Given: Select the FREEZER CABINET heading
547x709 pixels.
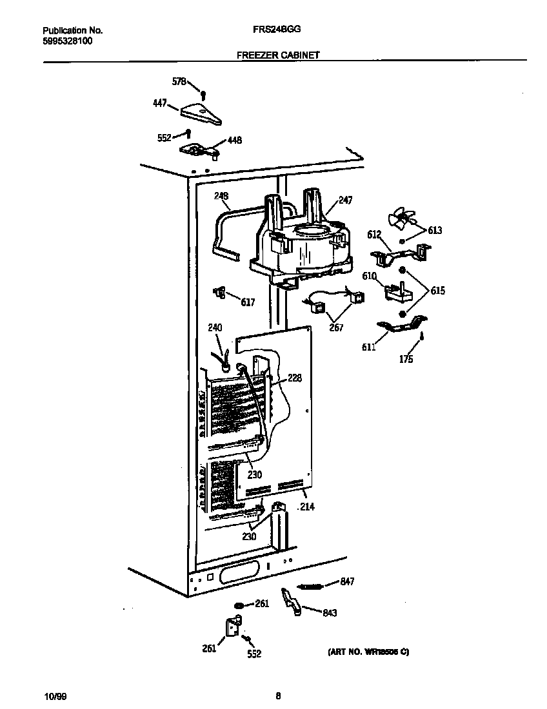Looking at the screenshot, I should coord(278,55).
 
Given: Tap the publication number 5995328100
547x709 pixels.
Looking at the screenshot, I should coord(67,41).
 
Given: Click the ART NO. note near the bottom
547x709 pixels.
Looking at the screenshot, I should coord(365,652).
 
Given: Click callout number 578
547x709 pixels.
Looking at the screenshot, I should coord(179,82).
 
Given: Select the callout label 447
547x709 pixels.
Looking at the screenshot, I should coord(159,102).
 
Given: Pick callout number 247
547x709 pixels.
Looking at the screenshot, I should coord(345,201).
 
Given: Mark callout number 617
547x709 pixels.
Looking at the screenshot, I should coord(248,302).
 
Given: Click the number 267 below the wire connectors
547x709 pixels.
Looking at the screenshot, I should coord(335,327).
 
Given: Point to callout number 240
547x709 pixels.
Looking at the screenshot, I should coord(215,328).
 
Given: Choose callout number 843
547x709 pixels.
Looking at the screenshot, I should coord(329,613).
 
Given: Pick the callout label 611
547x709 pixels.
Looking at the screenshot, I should coord(370,348).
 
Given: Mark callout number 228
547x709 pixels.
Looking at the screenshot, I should coord(295,378).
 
